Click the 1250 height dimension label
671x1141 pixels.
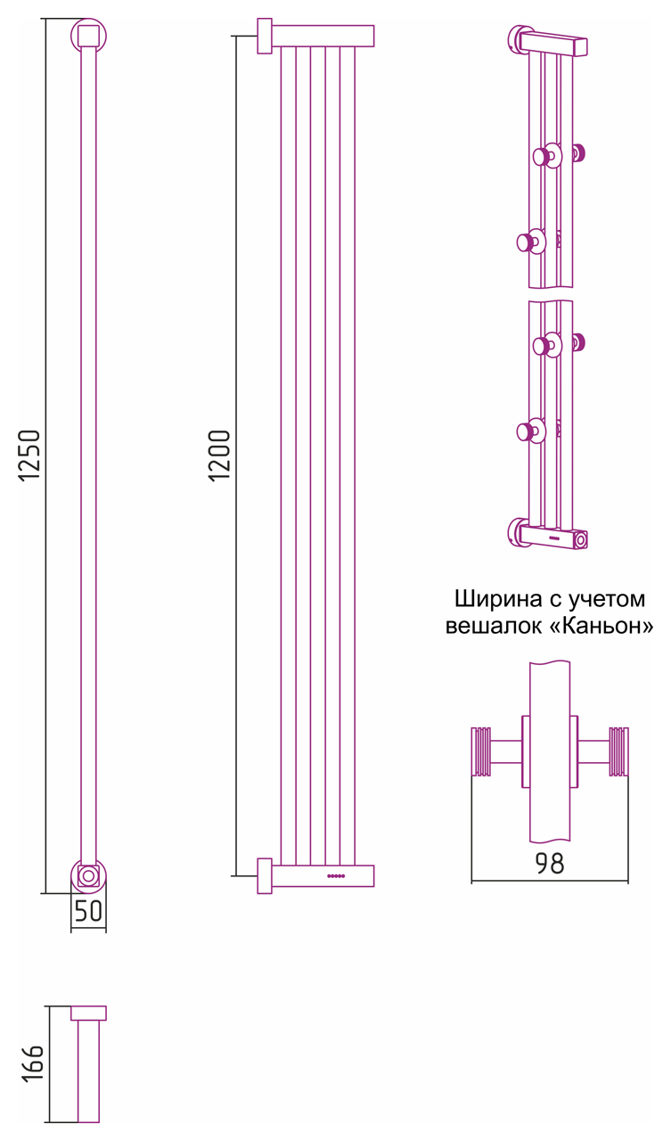tap(30, 456)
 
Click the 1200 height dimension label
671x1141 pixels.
tap(220, 456)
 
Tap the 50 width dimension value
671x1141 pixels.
tap(88, 912)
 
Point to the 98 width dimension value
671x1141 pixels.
tap(550, 863)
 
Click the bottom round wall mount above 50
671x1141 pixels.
tap(88, 876)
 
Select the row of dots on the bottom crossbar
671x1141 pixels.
tap(336, 876)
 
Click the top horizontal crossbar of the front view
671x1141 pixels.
tap(323, 36)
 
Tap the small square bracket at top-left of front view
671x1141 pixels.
tap(265, 36)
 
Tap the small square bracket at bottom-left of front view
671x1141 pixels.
tap(265, 875)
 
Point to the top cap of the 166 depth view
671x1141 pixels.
tap(88, 1013)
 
